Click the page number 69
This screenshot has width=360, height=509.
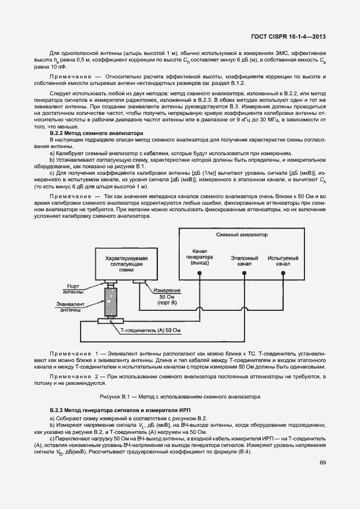[x=322, y=463]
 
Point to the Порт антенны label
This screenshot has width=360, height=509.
[x=73, y=287]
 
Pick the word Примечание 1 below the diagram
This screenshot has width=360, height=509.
[x=75, y=354]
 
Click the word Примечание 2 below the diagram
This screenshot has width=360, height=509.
[x=75, y=377]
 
